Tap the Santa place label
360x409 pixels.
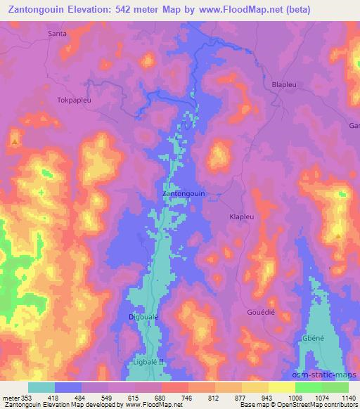[58, 33]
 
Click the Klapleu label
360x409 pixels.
[242, 217]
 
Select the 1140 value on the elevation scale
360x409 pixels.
[348, 396]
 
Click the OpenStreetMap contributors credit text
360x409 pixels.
[314, 404]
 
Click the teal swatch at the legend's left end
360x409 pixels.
[41, 387]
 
